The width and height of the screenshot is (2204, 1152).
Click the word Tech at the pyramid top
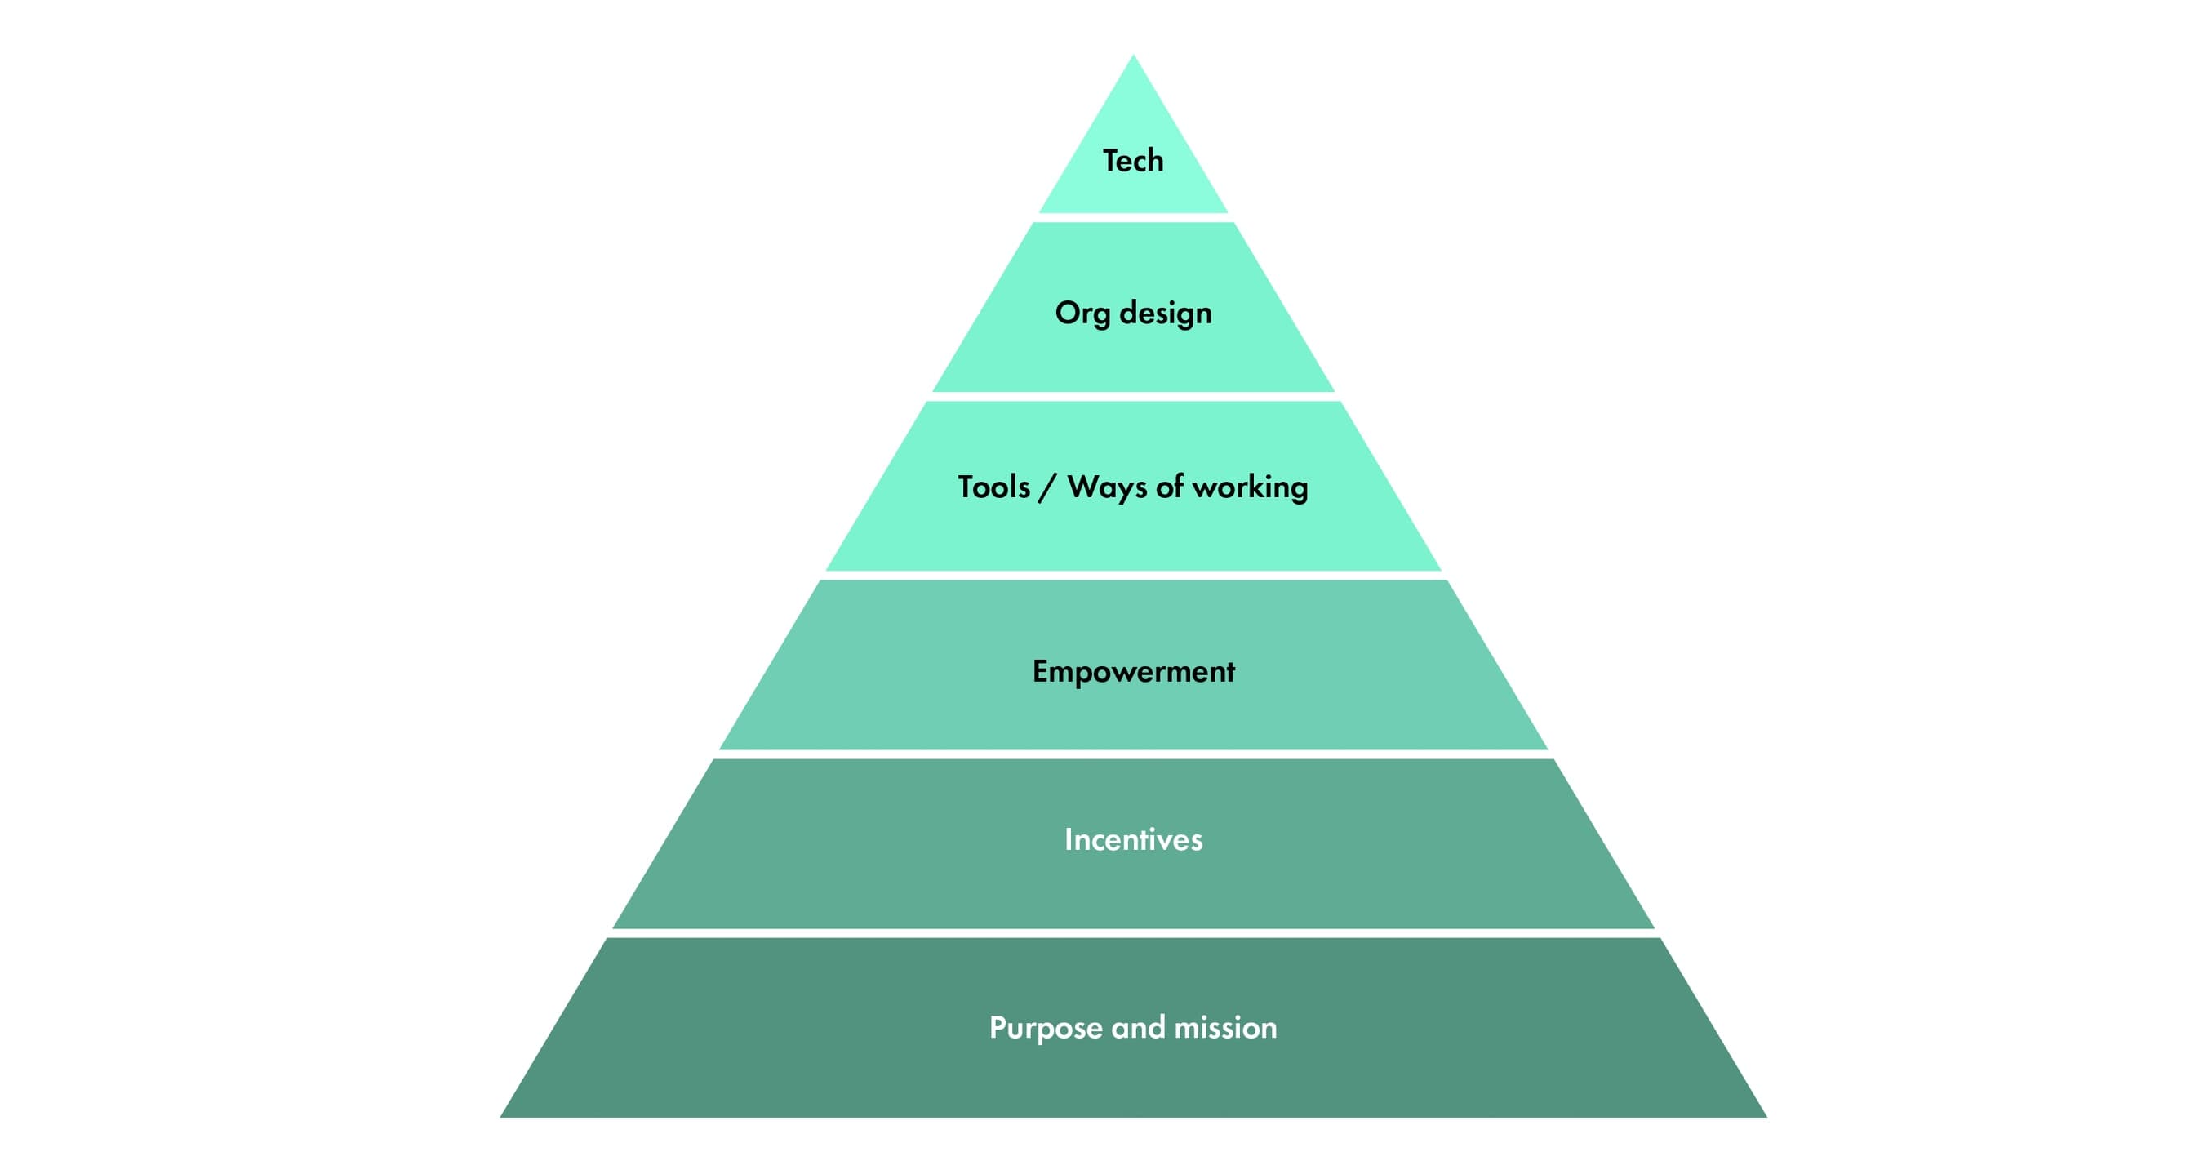(x=1133, y=161)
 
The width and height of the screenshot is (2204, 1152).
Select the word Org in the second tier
(x=1082, y=314)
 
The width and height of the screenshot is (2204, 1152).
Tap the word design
(x=1166, y=314)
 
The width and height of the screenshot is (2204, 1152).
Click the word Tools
(x=993, y=487)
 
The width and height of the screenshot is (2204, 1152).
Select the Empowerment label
(x=1133, y=672)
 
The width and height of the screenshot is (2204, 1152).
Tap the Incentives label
(x=1133, y=839)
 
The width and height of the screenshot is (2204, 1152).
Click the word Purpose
(x=1046, y=1028)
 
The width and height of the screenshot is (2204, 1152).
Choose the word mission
(x=1225, y=1027)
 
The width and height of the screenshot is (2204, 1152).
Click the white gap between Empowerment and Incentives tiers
(x=1133, y=754)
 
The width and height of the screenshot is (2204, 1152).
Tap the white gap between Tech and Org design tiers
(x=1133, y=217)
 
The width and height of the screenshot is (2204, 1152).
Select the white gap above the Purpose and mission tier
(x=1133, y=933)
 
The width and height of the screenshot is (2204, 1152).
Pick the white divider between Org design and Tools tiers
(x=1133, y=396)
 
